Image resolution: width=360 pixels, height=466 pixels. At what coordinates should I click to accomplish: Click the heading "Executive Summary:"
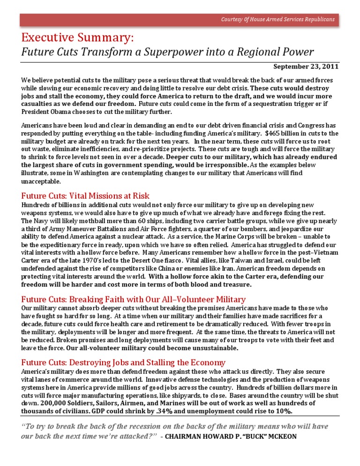click(x=77, y=37)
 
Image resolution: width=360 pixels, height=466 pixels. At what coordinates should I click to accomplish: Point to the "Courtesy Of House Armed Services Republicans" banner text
click(x=278, y=19)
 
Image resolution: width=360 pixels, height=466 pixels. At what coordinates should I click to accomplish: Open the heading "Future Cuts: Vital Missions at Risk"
click(x=85, y=195)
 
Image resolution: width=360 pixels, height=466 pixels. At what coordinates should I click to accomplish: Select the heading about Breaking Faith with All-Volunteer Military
click(x=134, y=299)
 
